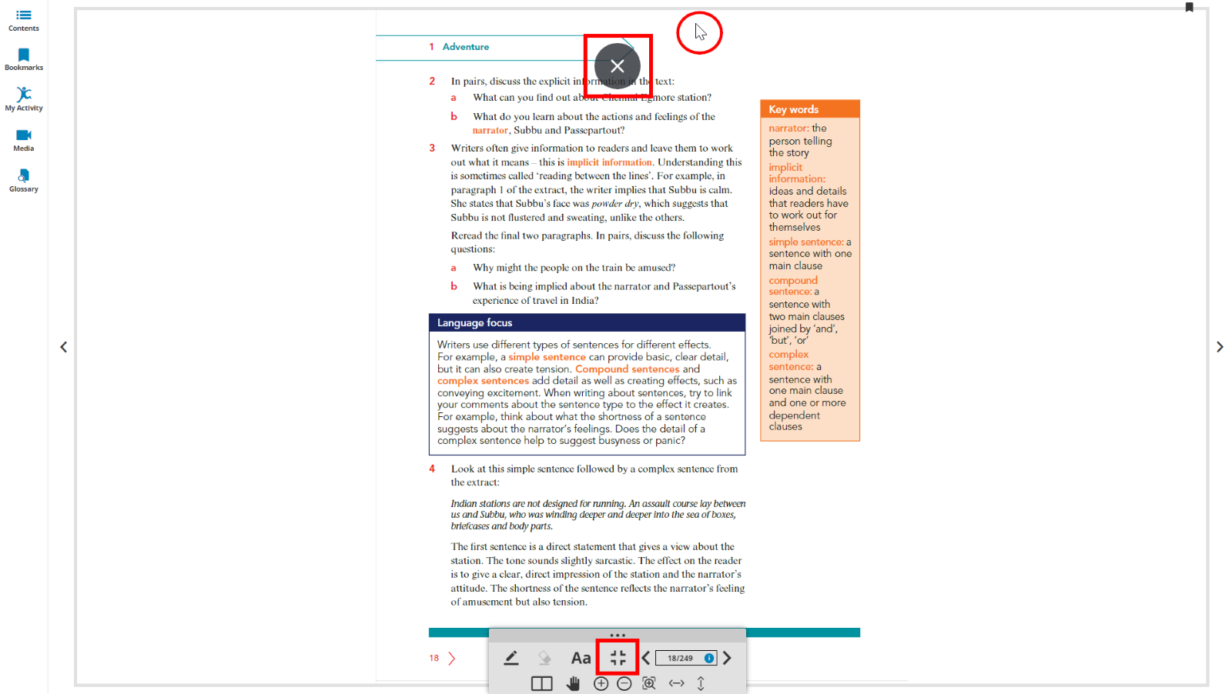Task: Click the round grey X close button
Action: tap(618, 66)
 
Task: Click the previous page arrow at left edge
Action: tap(64, 347)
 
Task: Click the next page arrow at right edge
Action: tap(1220, 347)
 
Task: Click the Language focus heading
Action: tap(474, 323)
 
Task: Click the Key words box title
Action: tap(793, 109)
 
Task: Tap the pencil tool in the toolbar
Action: tap(511, 658)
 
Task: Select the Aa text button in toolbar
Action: tap(581, 658)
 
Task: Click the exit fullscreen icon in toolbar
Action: tap(618, 658)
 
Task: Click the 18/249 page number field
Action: tap(680, 658)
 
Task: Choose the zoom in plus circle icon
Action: tap(601, 683)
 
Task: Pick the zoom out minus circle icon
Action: tap(624, 683)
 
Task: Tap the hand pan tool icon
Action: tap(573, 683)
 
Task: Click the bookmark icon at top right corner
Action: tap(1189, 8)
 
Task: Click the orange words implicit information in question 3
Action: tap(609, 162)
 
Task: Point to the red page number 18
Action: tap(434, 659)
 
